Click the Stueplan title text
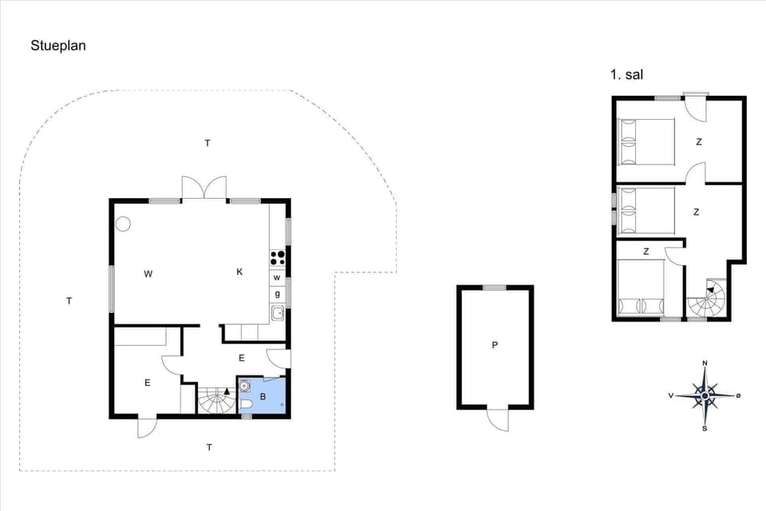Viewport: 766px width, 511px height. (58, 46)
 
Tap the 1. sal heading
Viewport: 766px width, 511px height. (626, 75)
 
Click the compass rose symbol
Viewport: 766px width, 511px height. (705, 394)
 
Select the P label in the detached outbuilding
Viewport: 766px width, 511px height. (495, 345)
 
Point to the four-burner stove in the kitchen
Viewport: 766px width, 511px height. (278, 257)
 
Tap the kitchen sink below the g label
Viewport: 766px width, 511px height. (277, 312)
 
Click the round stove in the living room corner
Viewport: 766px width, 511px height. (123, 224)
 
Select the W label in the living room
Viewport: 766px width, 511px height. (148, 274)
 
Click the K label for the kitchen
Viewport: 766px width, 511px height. (239, 272)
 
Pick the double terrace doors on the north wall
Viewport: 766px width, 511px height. (204, 188)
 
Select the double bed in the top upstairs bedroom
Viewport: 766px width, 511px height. (647, 141)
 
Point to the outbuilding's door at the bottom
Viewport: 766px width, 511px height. (498, 419)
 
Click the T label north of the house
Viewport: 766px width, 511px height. (207, 143)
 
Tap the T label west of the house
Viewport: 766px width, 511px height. (69, 301)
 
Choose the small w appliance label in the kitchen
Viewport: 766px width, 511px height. (277, 278)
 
